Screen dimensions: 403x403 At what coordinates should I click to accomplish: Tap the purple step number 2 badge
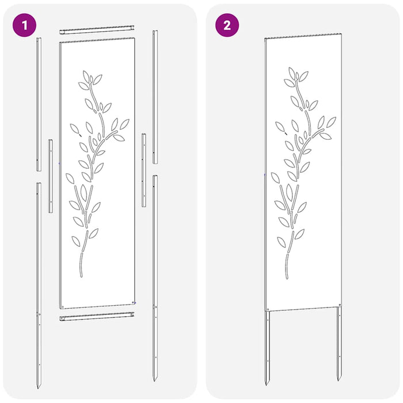coord(226,25)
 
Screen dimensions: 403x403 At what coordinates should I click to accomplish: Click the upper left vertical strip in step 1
coord(39,104)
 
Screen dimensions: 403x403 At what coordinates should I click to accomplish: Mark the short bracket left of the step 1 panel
coord(50,176)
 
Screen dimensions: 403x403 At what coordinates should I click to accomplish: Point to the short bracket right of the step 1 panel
coord(143,170)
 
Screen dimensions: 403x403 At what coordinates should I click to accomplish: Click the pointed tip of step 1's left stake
coord(39,386)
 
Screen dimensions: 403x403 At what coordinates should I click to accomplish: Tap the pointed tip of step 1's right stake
coord(154,379)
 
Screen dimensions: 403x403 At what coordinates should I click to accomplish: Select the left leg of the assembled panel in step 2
coord(268,345)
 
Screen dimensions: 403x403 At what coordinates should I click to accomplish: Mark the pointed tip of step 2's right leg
coord(339,380)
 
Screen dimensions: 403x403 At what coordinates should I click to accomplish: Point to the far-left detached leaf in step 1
coord(70,178)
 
